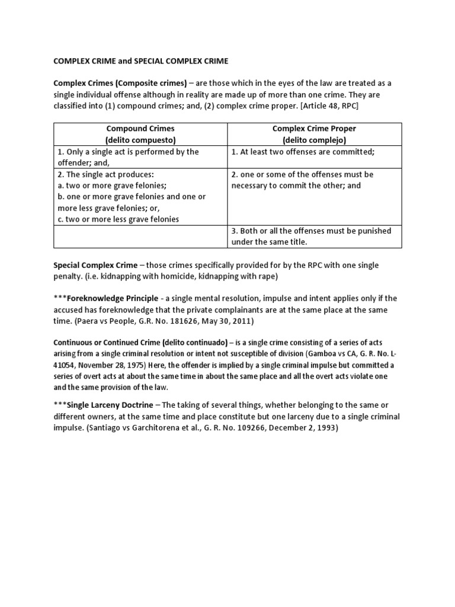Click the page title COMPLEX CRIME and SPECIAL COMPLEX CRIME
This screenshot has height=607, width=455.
coord(141,61)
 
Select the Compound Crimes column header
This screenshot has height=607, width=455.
coord(140,128)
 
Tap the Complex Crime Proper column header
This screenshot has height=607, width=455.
coord(314,128)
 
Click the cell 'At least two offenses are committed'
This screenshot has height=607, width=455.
coord(303,152)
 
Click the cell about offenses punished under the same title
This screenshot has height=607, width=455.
coord(311,236)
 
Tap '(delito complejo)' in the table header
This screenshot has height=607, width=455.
coord(314,140)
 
